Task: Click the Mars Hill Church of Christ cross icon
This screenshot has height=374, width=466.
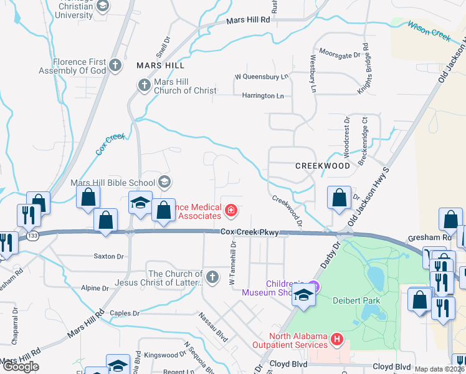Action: coord(144,85)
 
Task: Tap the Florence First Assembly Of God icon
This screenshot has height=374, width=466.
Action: coord(115,64)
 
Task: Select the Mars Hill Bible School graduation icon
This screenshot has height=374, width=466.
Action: coord(164,181)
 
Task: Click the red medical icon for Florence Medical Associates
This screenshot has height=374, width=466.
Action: coord(231,211)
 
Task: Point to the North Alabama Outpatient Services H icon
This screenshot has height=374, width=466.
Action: coord(337,340)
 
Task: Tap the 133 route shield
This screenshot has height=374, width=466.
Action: coord(32,236)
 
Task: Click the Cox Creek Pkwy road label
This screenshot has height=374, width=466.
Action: coord(249,233)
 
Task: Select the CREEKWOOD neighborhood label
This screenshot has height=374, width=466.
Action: coord(323,166)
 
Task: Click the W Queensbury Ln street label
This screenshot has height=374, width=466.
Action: coord(262,77)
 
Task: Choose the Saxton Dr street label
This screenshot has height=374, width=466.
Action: coord(108,256)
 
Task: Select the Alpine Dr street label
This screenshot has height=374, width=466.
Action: coord(95,289)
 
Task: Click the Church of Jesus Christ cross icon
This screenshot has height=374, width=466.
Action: coord(212,276)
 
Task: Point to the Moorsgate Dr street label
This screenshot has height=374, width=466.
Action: coord(340,54)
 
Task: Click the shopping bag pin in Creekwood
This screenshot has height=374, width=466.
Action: coord(338,198)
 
